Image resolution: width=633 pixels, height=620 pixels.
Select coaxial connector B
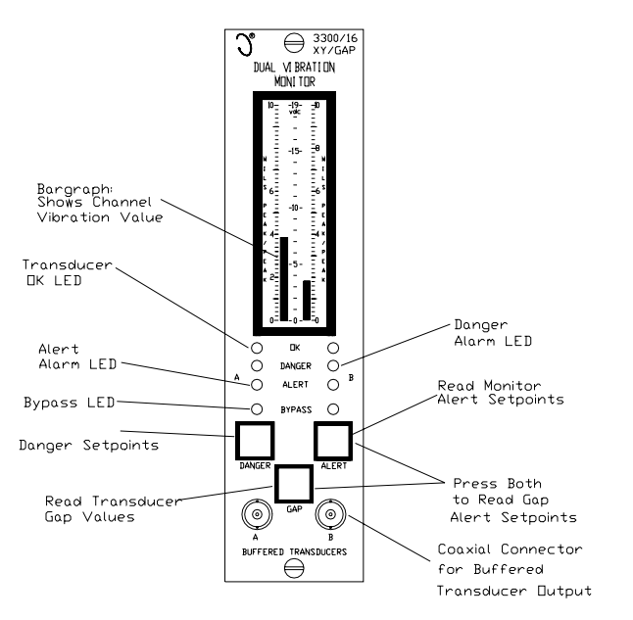(x=333, y=515)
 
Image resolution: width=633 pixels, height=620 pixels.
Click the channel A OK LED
(x=256, y=348)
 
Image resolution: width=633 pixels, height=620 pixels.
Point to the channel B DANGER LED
(x=333, y=365)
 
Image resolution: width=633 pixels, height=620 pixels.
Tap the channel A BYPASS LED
(x=256, y=408)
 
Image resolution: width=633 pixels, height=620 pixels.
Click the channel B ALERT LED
(x=333, y=384)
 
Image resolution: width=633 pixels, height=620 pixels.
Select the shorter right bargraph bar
(x=307, y=301)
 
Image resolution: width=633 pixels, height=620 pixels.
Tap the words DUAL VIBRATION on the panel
(x=294, y=70)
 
